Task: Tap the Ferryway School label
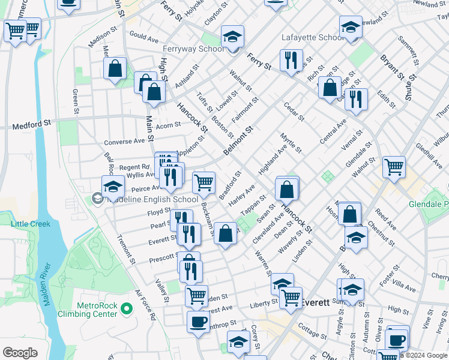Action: pos(193,49)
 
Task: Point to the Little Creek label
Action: pos(30,224)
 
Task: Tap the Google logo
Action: pos(20,353)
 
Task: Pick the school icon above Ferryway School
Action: pos(232,36)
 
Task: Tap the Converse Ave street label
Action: pos(124,142)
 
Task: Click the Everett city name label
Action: pos(315,302)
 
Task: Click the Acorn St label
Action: pos(168,125)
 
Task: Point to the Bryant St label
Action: pos(391,67)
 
